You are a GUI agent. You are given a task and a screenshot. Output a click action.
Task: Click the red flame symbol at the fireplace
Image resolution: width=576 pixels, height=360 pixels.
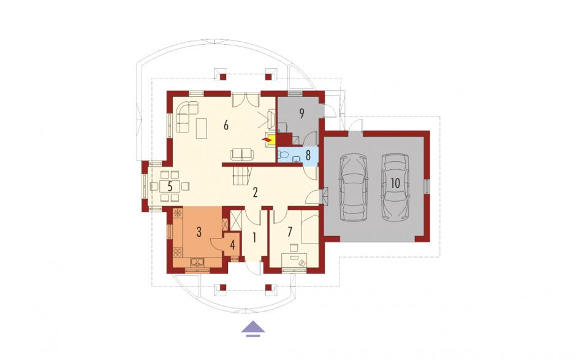[265, 140]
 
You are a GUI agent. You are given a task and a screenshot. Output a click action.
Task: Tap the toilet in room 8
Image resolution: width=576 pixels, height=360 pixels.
[281, 154]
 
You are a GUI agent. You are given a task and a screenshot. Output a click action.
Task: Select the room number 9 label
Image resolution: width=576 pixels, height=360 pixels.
[301, 113]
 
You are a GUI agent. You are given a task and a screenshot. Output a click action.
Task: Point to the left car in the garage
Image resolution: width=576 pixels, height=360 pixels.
[354, 188]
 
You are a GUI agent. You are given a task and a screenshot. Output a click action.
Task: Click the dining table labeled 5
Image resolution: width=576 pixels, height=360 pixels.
[170, 186]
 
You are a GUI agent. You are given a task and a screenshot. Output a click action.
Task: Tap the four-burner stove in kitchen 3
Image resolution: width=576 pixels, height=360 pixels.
[178, 253]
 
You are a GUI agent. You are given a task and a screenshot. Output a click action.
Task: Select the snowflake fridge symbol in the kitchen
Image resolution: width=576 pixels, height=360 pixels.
[178, 213]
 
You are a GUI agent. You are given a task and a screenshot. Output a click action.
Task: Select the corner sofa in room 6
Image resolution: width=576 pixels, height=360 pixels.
[187, 116]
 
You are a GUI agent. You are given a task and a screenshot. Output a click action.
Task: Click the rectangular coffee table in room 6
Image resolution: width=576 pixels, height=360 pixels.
[202, 128]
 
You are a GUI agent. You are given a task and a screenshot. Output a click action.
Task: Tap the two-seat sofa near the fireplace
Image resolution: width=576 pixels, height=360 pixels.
[241, 154]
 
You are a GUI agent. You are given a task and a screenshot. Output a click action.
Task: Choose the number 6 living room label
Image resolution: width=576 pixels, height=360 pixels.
[226, 125]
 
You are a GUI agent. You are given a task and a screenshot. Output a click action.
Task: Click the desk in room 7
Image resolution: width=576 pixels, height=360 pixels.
[294, 260]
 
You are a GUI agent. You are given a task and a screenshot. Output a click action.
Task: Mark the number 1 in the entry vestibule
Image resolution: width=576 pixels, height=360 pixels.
[254, 238]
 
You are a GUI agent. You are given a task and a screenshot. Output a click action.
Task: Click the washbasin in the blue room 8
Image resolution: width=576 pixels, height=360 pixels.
[296, 159]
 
